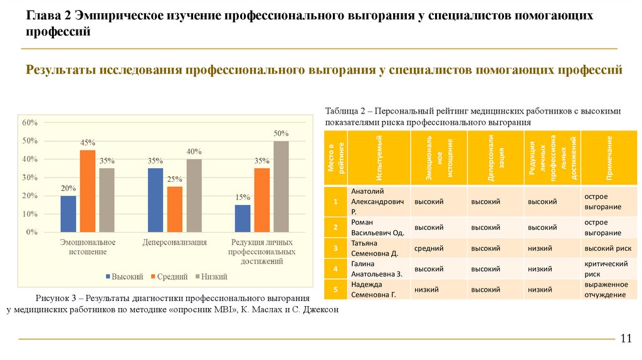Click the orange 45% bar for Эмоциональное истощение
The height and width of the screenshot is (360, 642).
coord(88,191)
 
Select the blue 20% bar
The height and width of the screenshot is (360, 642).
coord(68,214)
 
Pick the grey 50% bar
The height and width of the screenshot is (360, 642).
coord(281,186)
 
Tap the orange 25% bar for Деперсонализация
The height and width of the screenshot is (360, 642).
coord(175,209)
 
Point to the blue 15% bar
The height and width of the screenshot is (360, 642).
coord(243,218)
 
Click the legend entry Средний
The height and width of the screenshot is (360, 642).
coord(167,277)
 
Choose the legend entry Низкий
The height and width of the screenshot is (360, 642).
coord(211,277)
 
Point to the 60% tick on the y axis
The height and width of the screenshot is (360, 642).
coord(30,122)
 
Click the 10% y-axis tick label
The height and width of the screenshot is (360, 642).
coord(30,214)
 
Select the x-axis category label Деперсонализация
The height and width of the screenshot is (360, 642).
coord(175,242)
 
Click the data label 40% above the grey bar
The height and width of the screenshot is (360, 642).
coord(194,152)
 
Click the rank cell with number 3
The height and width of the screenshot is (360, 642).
coord(336,248)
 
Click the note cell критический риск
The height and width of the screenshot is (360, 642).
coord(605,269)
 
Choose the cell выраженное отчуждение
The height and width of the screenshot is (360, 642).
coord(605,290)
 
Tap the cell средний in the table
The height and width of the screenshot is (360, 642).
coord(429,248)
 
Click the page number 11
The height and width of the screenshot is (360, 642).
coord(625,339)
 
